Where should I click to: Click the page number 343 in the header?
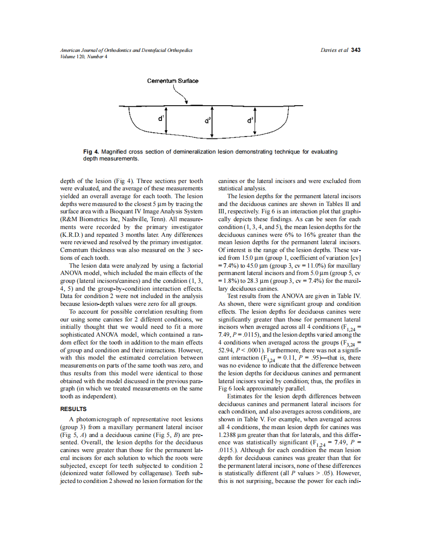coord(356,50)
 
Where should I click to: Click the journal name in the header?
coord(126,50)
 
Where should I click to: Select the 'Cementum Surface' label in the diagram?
coord(173,81)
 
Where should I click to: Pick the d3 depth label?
coord(250,119)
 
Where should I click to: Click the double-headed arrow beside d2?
coord(212,121)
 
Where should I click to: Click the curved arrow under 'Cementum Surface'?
coord(185,97)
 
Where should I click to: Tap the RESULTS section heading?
coord(73,409)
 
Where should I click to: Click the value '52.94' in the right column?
coord(227,350)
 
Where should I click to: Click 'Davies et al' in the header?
coord(334,50)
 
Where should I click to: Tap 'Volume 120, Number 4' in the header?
coord(83,56)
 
